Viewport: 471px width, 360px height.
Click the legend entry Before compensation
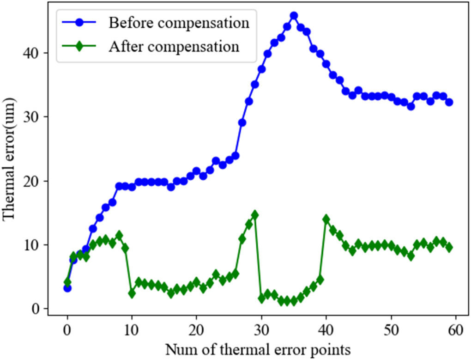[178, 22]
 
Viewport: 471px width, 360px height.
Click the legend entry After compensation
[174, 46]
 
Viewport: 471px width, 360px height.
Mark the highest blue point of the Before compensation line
[294, 16]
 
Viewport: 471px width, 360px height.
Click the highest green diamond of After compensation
[254, 215]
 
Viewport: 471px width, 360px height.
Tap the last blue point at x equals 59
[449, 102]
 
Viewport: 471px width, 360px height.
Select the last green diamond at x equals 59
[449, 247]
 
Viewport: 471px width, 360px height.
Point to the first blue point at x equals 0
[67, 288]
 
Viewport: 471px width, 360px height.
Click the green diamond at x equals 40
[326, 219]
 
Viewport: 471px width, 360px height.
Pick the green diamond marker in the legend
[79, 46]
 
